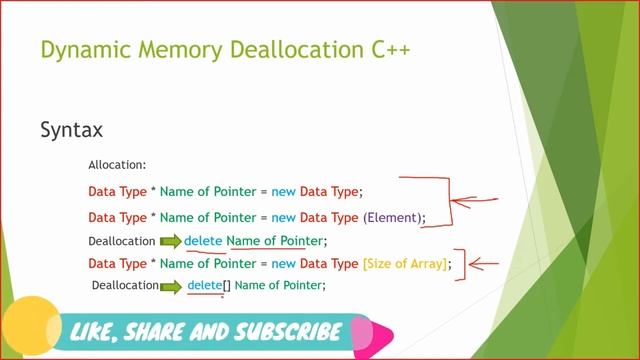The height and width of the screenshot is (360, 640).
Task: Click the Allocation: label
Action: [118, 163]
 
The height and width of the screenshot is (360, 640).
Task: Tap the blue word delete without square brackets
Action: [203, 241]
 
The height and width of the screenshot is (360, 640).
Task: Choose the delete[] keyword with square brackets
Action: [209, 285]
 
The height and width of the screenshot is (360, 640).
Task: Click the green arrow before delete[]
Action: [172, 286]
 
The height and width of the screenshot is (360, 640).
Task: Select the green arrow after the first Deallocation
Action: [169, 241]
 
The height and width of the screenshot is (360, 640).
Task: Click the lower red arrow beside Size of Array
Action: [485, 265]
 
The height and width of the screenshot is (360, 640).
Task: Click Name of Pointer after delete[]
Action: [280, 285]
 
